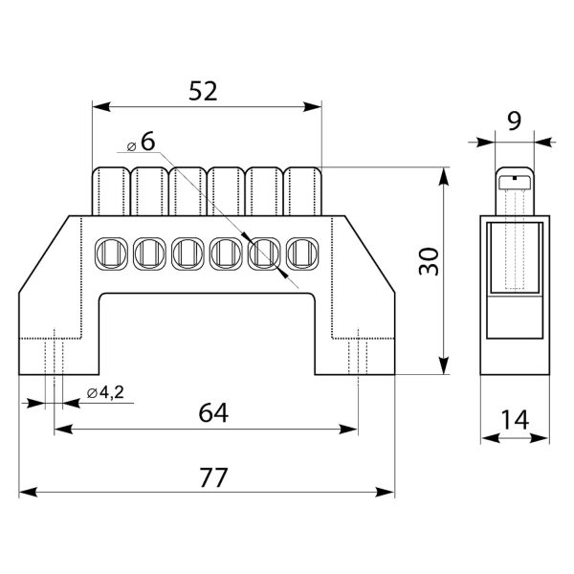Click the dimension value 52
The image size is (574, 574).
click(204, 92)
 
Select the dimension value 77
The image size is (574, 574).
click(208, 477)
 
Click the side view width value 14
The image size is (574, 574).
click(514, 418)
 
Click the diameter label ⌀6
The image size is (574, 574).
click(142, 142)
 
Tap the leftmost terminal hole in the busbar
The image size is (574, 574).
click(111, 252)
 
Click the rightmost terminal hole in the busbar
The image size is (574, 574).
click(303, 252)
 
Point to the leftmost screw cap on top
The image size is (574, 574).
click(111, 188)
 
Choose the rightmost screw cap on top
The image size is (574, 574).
click(303, 188)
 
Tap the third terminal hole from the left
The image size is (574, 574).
click(188, 252)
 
